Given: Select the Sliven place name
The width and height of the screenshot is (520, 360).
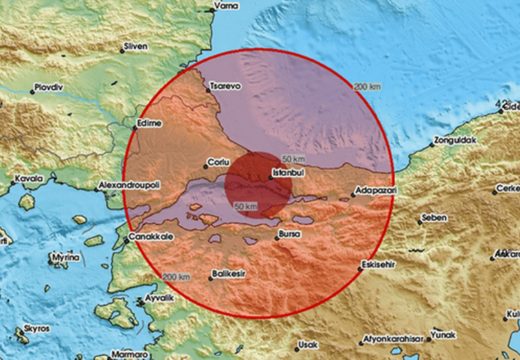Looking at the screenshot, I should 134,46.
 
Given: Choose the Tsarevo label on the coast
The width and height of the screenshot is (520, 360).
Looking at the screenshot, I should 225,88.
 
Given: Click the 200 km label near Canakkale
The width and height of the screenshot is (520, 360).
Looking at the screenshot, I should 176,276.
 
